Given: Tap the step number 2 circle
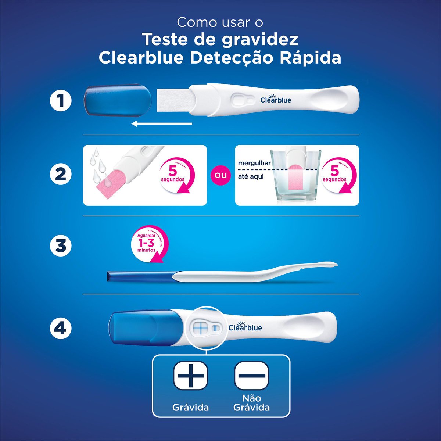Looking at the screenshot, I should (x=61, y=174).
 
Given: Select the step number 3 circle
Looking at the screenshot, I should (x=61, y=246).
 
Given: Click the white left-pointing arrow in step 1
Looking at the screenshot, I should (x=162, y=123).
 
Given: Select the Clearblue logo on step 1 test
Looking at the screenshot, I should (x=276, y=100).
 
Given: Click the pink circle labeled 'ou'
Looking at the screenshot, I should (x=220, y=175).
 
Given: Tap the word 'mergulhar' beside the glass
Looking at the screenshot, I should (x=254, y=163).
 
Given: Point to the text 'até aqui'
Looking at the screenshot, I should (x=251, y=176).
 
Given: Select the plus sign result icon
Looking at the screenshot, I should (x=190, y=375).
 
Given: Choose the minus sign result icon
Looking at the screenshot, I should (x=252, y=375).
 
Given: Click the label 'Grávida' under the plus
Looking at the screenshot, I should (x=190, y=407).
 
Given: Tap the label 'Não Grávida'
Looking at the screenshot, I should (x=252, y=403).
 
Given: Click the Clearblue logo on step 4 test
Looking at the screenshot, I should (x=245, y=327).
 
